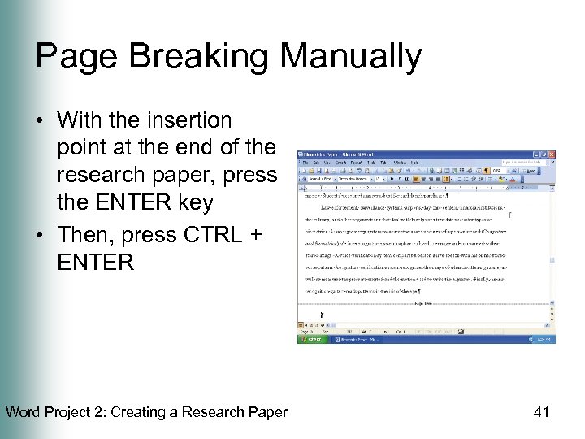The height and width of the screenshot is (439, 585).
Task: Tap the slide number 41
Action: pyautogui.click(x=541, y=412)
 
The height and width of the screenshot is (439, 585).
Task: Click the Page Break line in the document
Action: pyautogui.click(x=422, y=303)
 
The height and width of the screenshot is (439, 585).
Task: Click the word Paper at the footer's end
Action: pyautogui.click(x=269, y=412)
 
